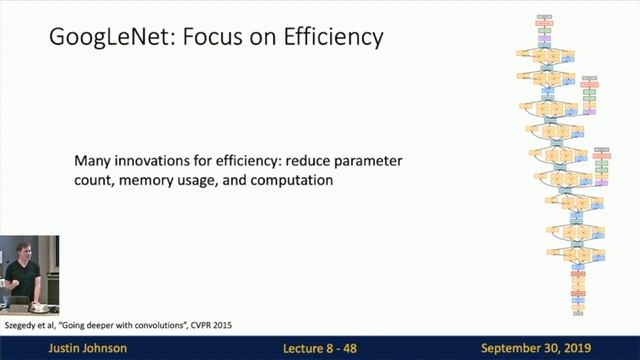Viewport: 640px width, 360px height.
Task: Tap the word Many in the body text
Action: tap(94, 161)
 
